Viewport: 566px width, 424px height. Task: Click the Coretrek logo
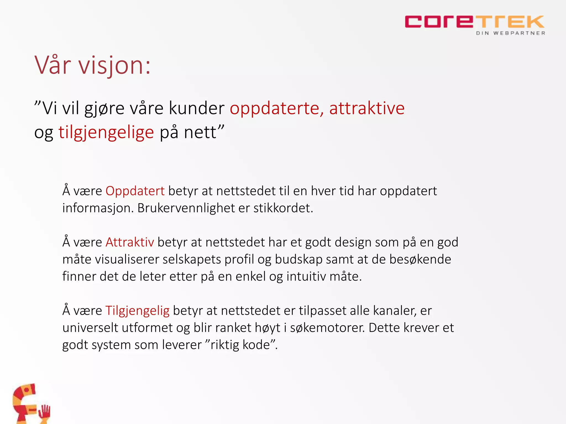pos(474,22)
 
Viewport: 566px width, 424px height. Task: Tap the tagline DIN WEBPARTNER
pos(510,33)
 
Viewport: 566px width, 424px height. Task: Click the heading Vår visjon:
pos(93,65)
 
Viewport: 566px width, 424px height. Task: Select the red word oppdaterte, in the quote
pos(277,108)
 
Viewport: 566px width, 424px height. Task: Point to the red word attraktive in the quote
pos(367,108)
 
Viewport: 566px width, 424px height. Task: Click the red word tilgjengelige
pos(106,132)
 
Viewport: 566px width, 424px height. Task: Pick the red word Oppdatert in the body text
pos(135,191)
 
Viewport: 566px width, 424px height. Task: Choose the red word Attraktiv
pos(130,242)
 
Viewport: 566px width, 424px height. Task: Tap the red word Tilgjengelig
pos(137,311)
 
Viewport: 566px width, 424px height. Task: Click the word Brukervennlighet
pos(186,208)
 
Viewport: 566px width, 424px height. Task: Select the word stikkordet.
pos(283,208)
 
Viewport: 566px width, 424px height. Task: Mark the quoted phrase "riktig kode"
pos(241,345)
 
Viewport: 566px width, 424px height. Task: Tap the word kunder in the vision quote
pos(196,108)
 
